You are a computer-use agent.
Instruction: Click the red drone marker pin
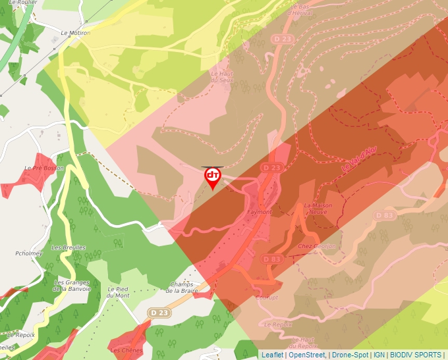tap(213, 176)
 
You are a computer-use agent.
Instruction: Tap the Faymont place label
tap(259, 212)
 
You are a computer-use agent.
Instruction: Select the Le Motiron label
tap(75, 32)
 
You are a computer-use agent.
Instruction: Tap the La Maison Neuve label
tap(318, 209)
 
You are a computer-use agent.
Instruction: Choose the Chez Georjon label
tap(318, 246)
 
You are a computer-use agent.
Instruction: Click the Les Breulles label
tap(69, 247)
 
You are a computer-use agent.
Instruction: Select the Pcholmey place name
tap(28, 253)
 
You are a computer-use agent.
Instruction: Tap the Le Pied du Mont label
tap(119, 292)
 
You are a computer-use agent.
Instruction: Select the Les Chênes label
tap(126, 351)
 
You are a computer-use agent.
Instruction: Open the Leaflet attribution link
tap(272, 355)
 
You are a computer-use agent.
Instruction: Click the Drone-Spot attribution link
tap(350, 355)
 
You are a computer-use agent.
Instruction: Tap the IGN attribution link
tap(379, 355)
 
